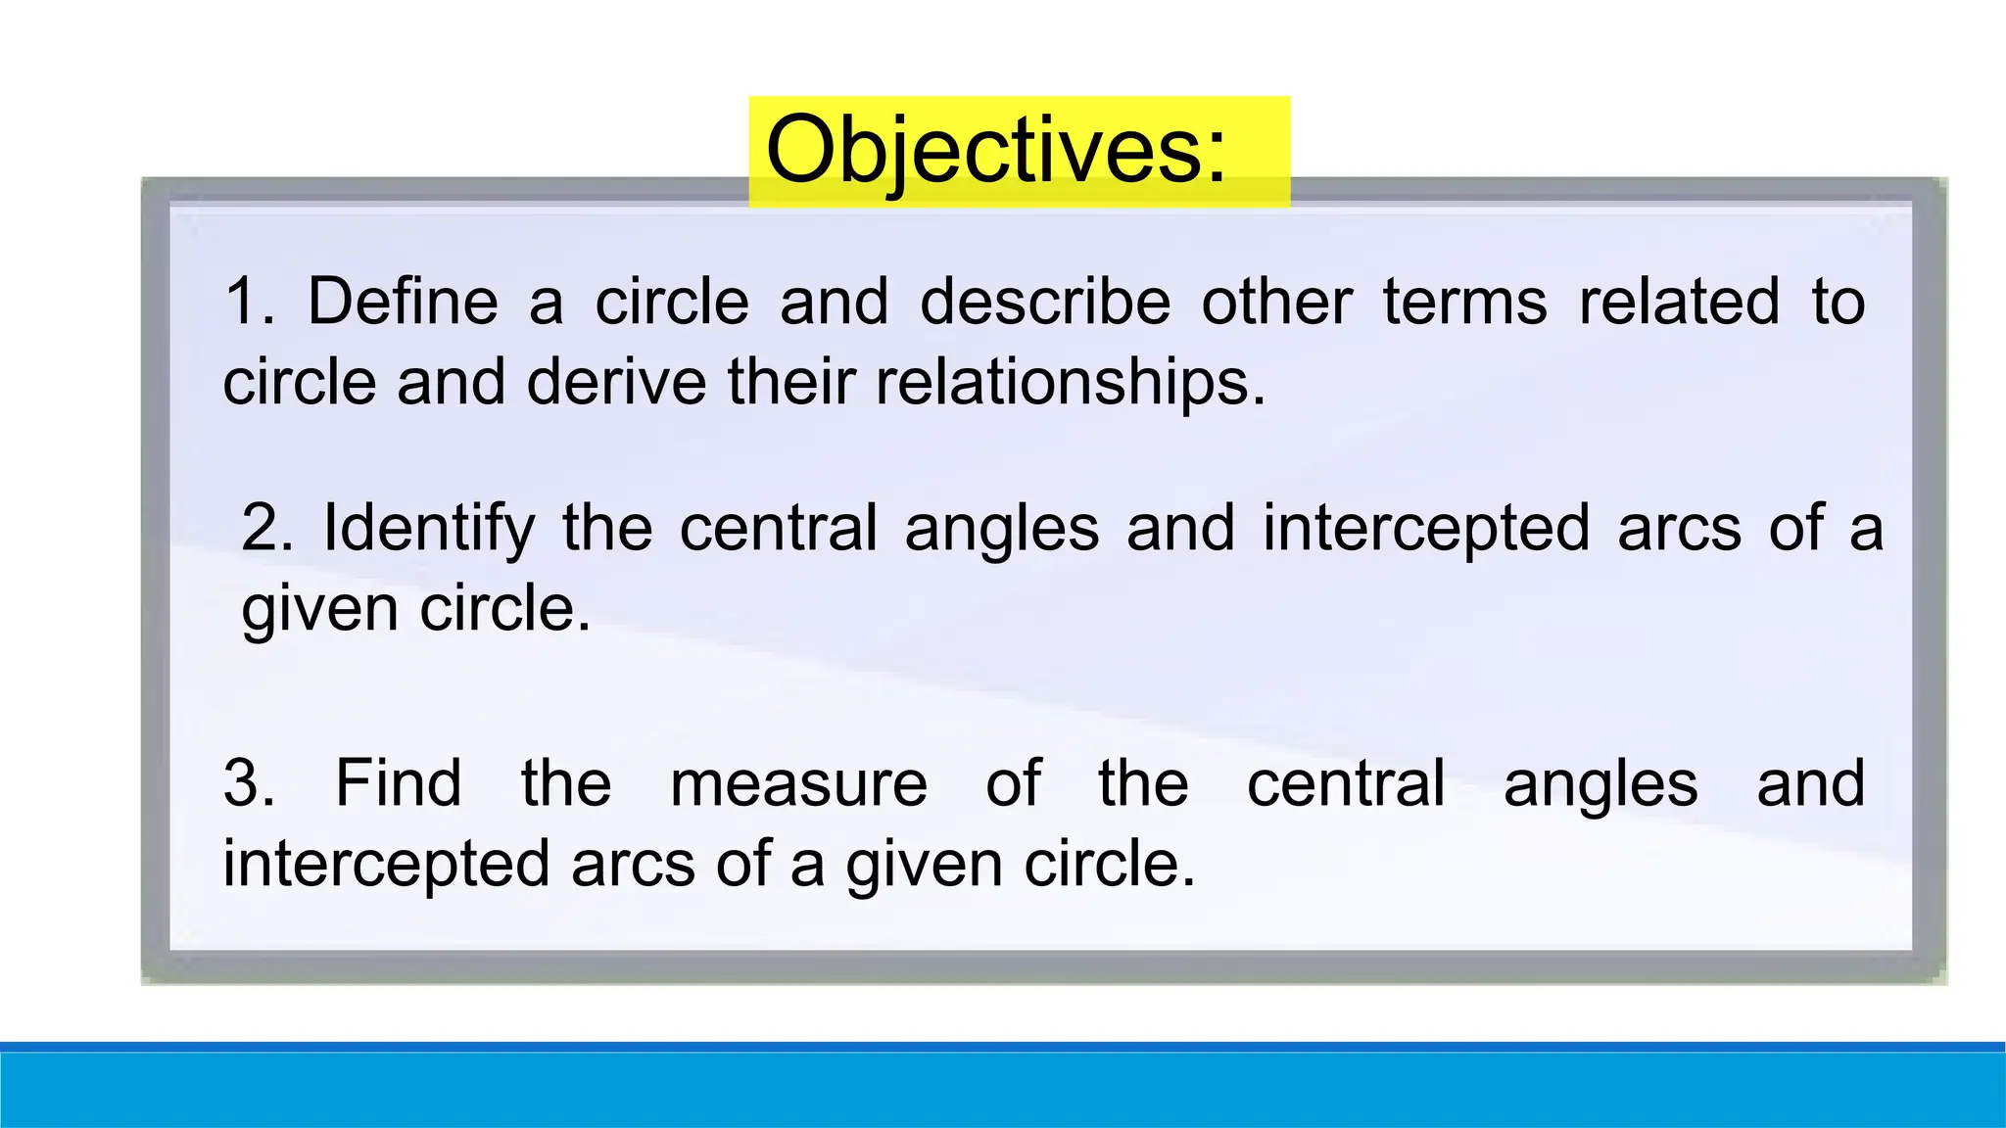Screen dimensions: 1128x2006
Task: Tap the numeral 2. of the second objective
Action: coord(265,529)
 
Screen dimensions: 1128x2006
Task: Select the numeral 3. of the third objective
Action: coord(249,784)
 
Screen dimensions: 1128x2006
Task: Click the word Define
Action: coord(403,302)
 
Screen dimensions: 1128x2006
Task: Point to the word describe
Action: coord(1044,302)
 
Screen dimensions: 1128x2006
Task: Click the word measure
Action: coord(798,784)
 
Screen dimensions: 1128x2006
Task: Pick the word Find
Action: coord(398,784)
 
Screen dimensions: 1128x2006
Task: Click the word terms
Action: coord(1464,302)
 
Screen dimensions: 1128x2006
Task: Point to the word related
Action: coord(1679,302)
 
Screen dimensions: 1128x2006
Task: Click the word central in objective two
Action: coord(778,529)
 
